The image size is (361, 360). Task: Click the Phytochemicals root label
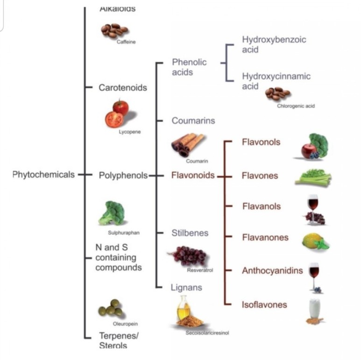(43, 175)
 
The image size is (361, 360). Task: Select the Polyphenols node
(123, 176)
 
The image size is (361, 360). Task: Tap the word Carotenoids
(122, 88)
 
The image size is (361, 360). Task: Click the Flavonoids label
(193, 176)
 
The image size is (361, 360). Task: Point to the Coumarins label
(193, 120)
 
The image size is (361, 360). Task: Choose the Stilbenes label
(190, 233)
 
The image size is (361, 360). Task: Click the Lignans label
(186, 288)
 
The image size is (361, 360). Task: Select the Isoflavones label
(264, 305)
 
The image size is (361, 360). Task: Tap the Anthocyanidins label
(272, 270)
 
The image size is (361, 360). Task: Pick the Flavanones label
(265, 237)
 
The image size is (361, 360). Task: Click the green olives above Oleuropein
(111, 308)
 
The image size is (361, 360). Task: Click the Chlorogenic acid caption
(296, 106)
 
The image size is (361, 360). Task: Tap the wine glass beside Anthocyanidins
(315, 273)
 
